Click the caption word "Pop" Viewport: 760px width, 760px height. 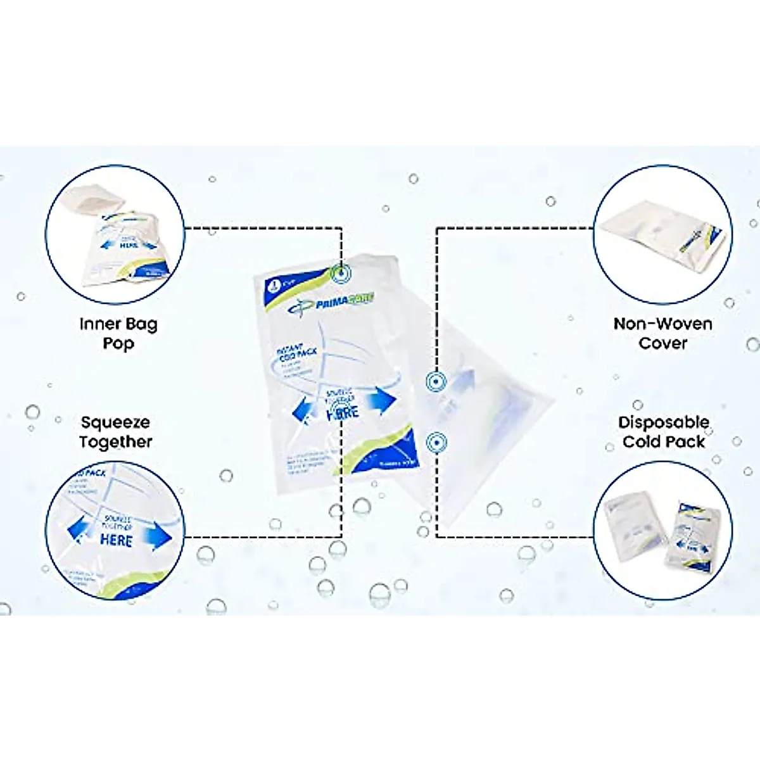(x=118, y=345)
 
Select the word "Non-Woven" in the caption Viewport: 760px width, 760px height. (x=663, y=324)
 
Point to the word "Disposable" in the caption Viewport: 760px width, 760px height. (x=663, y=422)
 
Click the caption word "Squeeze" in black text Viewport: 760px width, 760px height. (x=115, y=422)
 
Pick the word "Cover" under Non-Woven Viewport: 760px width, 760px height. (x=663, y=343)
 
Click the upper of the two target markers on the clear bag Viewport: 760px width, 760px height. (x=436, y=381)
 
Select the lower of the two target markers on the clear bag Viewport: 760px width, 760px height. (x=436, y=442)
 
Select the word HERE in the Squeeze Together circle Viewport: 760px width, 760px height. (x=116, y=540)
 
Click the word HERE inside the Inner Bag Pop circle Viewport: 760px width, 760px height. (x=129, y=245)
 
